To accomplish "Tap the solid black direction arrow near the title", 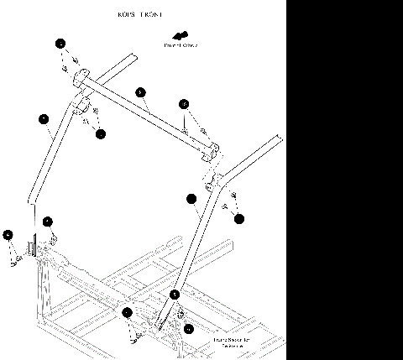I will tap(178, 36).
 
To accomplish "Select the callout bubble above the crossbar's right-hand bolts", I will tap(185, 104).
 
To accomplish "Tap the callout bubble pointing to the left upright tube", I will tap(44, 120).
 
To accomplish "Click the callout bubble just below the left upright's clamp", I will tap(100, 133).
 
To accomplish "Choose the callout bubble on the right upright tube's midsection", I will tap(191, 199).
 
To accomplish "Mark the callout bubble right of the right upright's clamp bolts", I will tap(239, 219).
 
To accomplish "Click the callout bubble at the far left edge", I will tap(8, 235).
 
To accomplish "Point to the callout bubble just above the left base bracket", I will tap(48, 222).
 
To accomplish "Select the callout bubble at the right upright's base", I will tap(175, 295).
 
